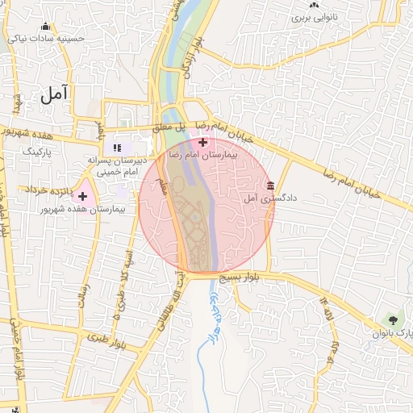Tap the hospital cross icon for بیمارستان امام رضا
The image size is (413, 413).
(202, 142)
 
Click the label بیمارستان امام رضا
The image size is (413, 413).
(202, 153)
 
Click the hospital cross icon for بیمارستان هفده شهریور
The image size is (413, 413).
(82, 196)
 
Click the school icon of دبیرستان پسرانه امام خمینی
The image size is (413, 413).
(117, 148)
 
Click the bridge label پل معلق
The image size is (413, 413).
(169, 127)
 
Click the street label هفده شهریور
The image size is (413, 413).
(28, 132)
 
